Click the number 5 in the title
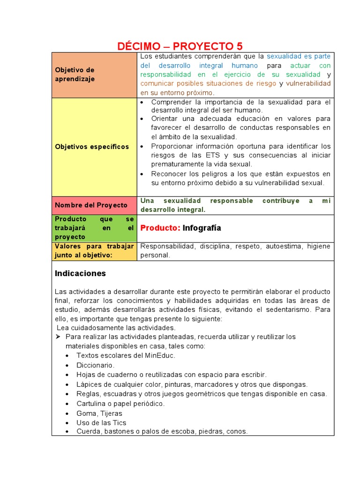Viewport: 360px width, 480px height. [x=239, y=46]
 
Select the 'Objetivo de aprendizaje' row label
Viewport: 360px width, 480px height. [x=75, y=75]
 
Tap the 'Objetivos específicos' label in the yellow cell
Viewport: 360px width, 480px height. [x=92, y=147]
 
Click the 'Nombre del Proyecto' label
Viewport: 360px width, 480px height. [x=91, y=205]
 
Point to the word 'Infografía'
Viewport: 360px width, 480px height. [x=202, y=228]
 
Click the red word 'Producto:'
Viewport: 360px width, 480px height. [x=160, y=228]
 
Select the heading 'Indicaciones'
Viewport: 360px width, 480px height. [x=80, y=273]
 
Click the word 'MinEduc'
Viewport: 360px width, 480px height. [x=160, y=355]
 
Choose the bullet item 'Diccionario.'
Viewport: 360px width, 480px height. [x=95, y=365]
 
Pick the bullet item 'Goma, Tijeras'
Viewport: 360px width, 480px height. [x=99, y=413]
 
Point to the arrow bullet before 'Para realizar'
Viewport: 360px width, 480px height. [x=59, y=337]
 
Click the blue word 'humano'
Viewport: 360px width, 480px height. [x=245, y=66]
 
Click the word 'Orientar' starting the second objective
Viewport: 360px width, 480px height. [x=165, y=119]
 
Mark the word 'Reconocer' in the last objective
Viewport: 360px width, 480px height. [x=168, y=174]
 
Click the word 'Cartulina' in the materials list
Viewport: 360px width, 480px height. [x=91, y=404]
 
